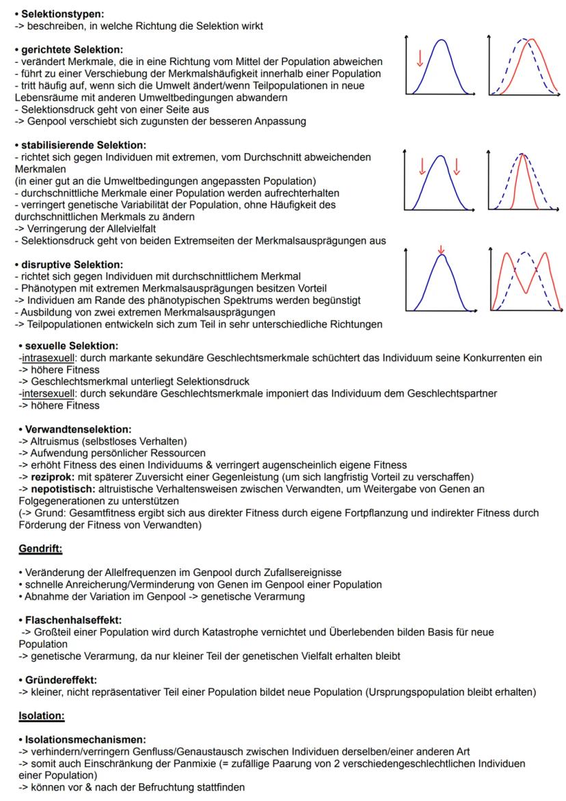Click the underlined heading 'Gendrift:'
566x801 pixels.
pyautogui.click(x=40, y=549)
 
